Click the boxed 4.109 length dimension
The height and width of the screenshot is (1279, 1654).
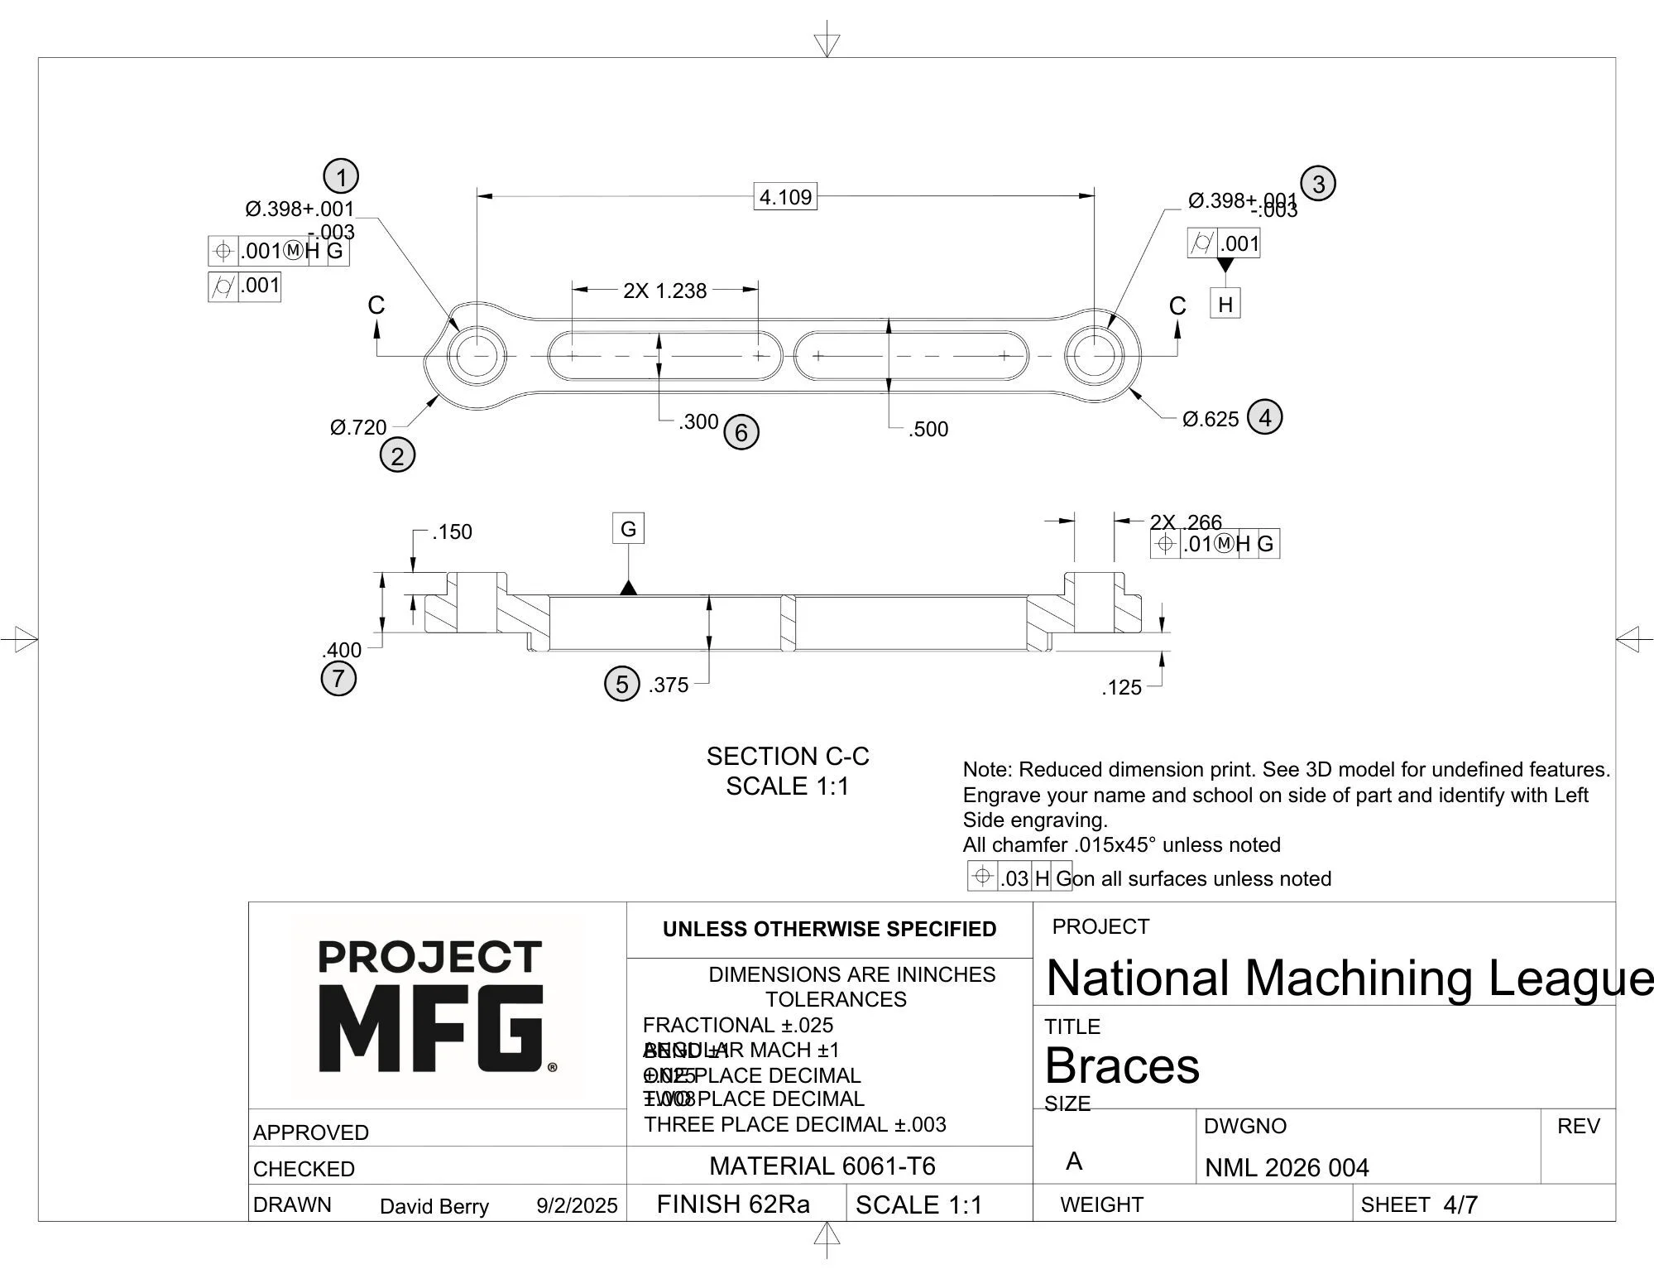(785, 197)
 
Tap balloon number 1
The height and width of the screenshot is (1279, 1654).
(341, 176)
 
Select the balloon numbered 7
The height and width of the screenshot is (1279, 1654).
(338, 679)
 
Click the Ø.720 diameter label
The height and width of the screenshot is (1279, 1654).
(358, 428)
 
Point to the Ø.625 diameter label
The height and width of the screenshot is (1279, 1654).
(1211, 420)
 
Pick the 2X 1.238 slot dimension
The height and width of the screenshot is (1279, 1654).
(665, 291)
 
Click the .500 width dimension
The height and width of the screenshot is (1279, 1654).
(928, 430)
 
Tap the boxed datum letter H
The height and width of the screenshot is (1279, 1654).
(1225, 305)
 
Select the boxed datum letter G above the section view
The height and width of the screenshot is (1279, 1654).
(628, 529)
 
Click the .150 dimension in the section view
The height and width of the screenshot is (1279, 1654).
(452, 532)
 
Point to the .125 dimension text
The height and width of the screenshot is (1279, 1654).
(1121, 688)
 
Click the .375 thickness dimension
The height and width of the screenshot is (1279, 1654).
(669, 685)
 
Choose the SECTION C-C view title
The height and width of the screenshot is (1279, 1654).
(787, 757)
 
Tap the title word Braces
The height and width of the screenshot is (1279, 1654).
(1121, 1065)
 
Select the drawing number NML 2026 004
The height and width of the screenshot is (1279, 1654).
(1286, 1168)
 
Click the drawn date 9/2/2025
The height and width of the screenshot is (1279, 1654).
(577, 1206)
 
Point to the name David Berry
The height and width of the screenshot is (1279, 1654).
(434, 1207)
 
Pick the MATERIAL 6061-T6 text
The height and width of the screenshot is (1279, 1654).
(822, 1166)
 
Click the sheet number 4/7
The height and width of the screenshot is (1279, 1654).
(1460, 1205)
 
